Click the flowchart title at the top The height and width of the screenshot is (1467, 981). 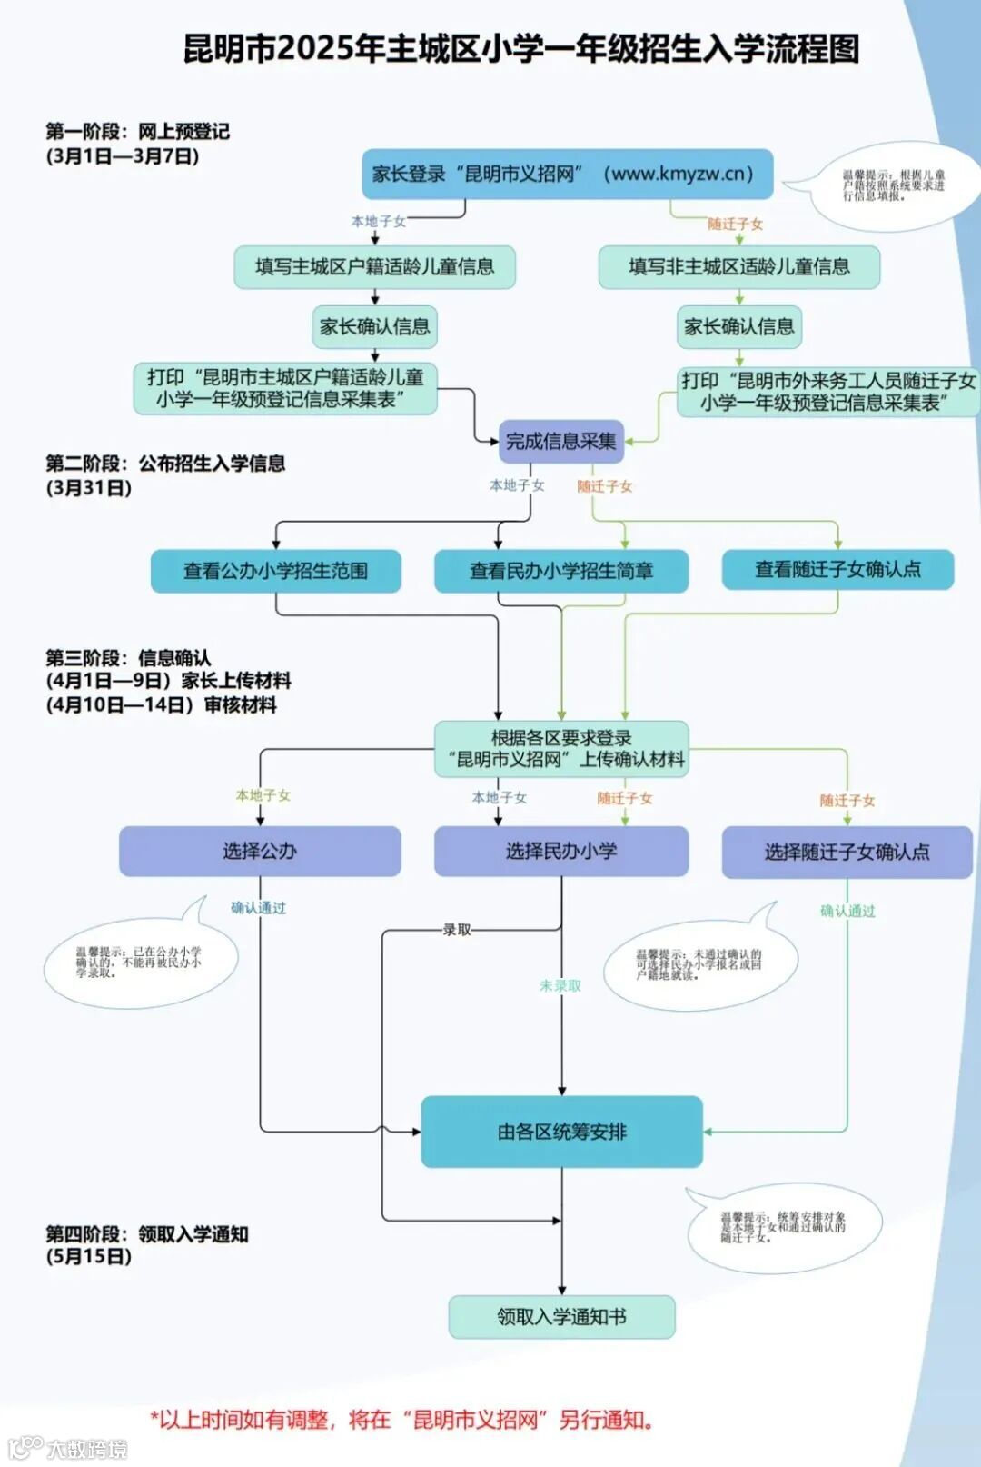tap(521, 48)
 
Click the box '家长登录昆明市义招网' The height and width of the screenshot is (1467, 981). tap(567, 174)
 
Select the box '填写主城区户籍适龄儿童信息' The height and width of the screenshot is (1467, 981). tap(374, 267)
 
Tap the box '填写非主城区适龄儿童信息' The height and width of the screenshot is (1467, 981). tap(738, 267)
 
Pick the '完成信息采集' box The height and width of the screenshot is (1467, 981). tap(560, 442)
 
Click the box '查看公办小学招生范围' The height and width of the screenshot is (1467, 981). tap(275, 571)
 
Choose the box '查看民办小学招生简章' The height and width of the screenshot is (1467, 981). tap(560, 571)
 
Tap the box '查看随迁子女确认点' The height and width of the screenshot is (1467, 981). tap(837, 570)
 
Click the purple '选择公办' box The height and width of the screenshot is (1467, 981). tap(260, 851)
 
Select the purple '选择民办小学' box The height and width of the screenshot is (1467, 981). tap(560, 851)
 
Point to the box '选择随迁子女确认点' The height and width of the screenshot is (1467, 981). tap(847, 852)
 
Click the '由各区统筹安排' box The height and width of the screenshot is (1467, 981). tap(561, 1132)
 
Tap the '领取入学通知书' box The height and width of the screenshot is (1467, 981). tap(561, 1317)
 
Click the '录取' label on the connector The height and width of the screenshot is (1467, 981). tap(457, 930)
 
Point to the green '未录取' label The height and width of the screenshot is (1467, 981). tap(560, 985)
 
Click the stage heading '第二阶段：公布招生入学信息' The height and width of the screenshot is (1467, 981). tap(165, 464)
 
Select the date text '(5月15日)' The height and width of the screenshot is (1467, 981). tap(89, 1257)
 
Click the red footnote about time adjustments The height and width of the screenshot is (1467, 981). tap(402, 1420)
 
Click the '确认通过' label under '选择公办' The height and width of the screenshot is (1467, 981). tap(258, 908)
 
